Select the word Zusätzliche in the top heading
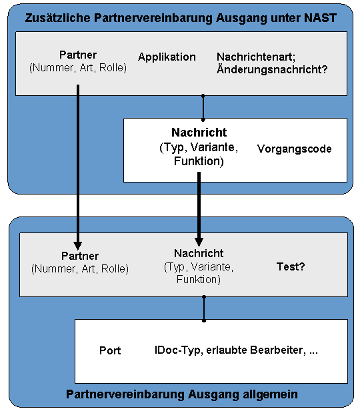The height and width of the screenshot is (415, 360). [x=58, y=18]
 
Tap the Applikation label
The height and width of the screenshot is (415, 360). [x=167, y=57]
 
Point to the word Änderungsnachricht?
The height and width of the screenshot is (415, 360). [x=272, y=69]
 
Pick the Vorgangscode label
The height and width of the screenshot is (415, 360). [x=294, y=149]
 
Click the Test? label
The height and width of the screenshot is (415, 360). [x=291, y=266]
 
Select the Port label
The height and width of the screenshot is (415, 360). [x=110, y=350]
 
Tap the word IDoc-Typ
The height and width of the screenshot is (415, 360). [x=177, y=350]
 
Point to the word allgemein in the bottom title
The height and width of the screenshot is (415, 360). [x=270, y=394]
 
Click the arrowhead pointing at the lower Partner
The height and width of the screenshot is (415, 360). [x=77, y=246]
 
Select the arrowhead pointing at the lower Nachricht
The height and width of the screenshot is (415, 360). [x=199, y=242]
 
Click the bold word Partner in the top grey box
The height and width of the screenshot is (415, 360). [x=78, y=55]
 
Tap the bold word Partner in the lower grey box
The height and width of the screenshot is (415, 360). [x=80, y=256]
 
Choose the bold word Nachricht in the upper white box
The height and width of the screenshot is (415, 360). [x=199, y=133]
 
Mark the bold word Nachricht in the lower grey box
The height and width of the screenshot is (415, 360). [x=199, y=253]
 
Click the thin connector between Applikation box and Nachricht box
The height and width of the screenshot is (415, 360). [x=203, y=108]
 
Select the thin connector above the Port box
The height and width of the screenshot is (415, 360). [x=204, y=309]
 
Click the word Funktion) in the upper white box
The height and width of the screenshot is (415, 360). [x=199, y=161]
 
